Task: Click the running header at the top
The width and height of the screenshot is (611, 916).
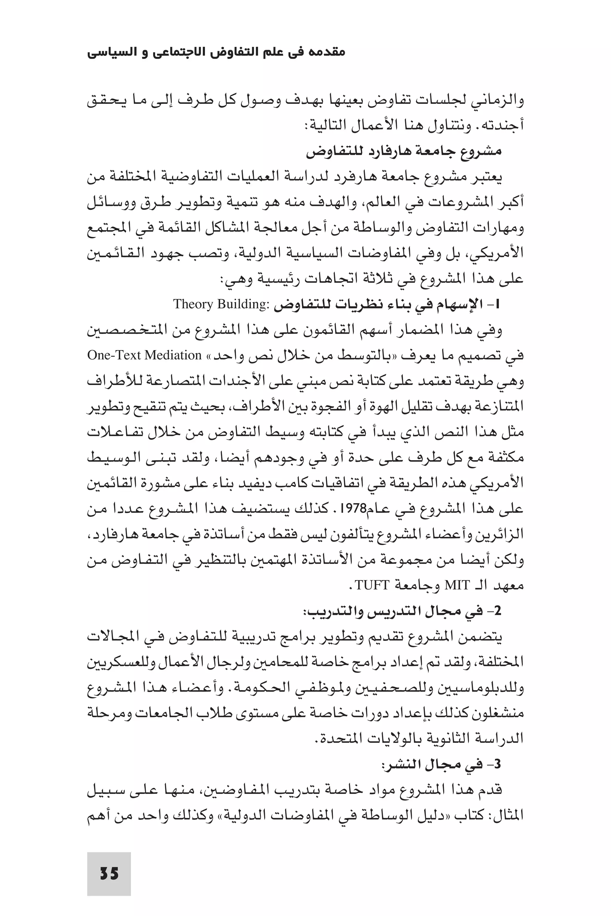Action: [216, 52]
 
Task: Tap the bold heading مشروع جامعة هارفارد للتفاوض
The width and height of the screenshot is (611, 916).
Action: [403, 151]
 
